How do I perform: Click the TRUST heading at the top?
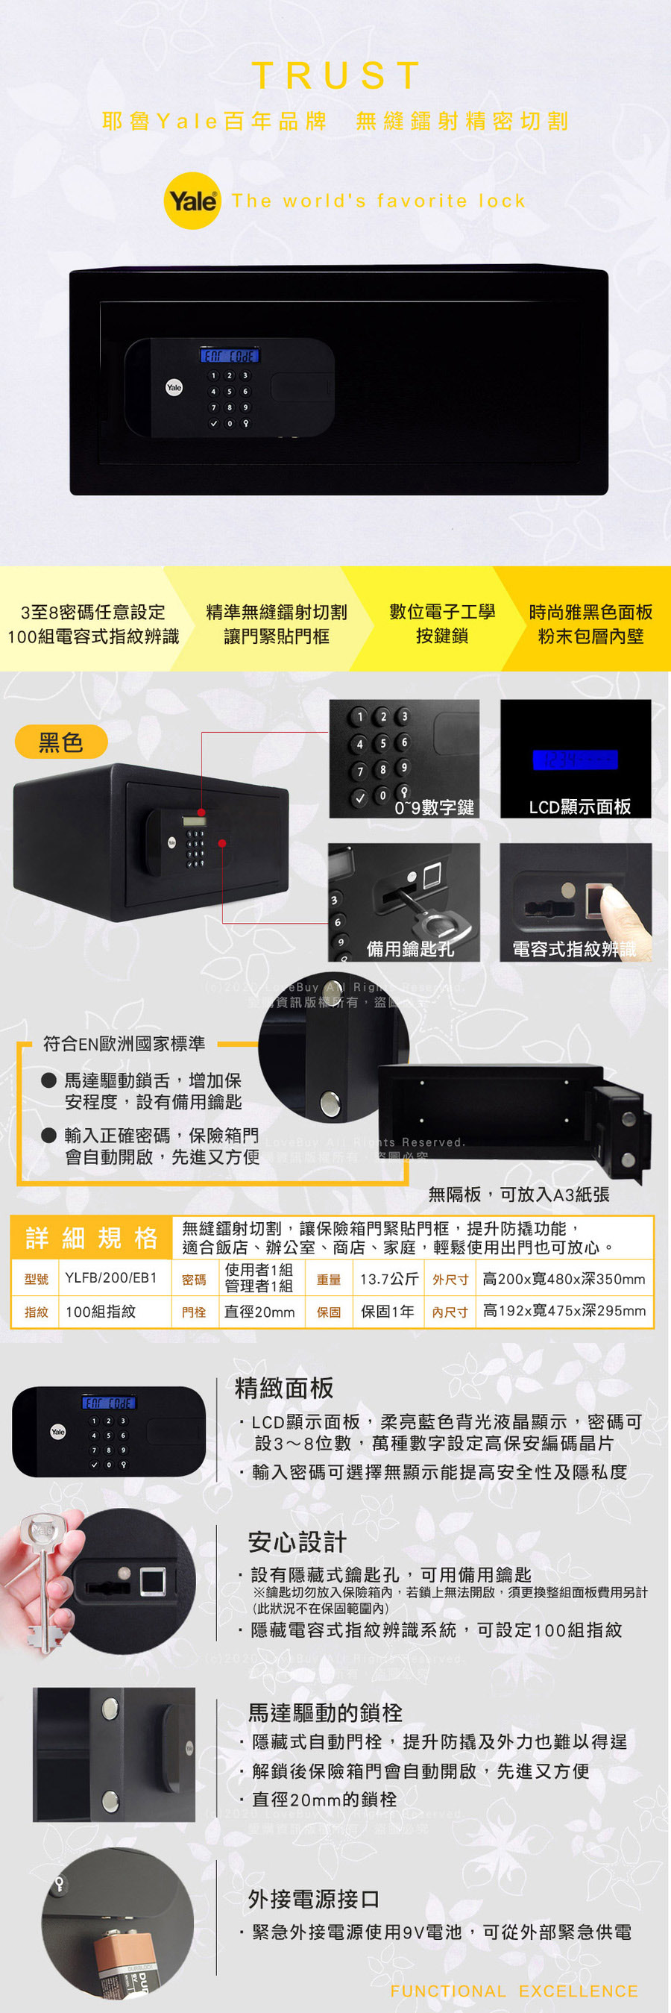(336, 76)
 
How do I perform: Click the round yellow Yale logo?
(192, 201)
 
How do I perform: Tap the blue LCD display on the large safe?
(230, 357)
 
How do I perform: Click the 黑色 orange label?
(61, 742)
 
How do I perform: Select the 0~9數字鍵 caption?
(435, 807)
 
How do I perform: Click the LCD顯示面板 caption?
(579, 807)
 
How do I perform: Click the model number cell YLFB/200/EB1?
(111, 1278)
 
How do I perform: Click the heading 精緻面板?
(284, 1388)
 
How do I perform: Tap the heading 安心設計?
(297, 1541)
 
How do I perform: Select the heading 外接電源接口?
(314, 1898)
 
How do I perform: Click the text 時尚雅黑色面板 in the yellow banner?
(590, 612)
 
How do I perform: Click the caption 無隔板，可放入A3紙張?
(519, 1194)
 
